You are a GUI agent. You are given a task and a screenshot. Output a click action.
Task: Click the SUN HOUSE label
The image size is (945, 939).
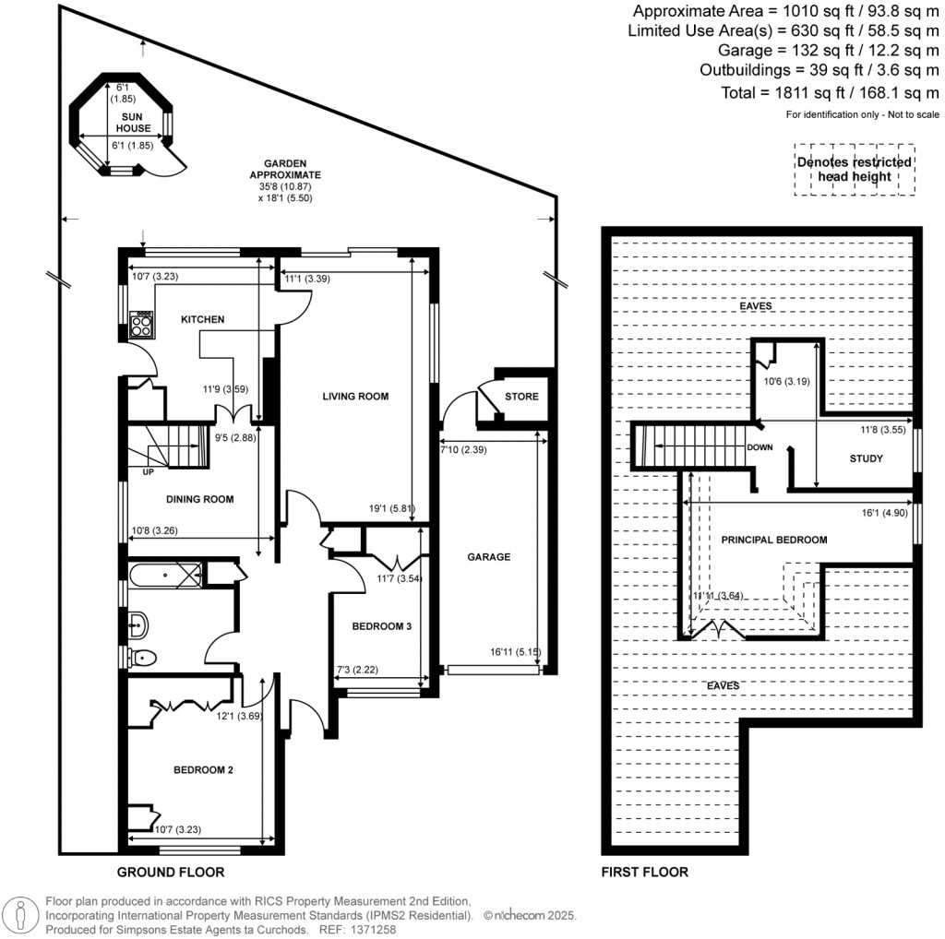point(133,123)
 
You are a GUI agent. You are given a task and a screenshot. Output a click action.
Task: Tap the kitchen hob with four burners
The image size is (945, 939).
point(143,322)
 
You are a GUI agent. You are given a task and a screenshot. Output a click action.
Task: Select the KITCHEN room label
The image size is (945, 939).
point(202,319)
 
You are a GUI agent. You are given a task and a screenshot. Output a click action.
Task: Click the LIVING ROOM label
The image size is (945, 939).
point(355,397)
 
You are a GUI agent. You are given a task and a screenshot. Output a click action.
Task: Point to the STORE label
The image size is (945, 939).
point(521,398)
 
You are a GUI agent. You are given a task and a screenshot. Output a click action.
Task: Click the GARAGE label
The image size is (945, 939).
point(489,556)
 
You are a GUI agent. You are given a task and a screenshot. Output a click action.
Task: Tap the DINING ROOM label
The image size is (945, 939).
point(199,499)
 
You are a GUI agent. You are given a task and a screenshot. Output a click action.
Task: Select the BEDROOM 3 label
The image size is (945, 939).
point(381,626)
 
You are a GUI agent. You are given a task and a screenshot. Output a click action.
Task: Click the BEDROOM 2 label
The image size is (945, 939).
point(203,769)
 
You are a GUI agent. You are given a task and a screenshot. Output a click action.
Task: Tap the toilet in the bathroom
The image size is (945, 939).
point(143,658)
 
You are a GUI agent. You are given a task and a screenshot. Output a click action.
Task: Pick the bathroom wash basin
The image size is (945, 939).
point(139,624)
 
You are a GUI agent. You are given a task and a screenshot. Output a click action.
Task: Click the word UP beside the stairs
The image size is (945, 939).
point(148,472)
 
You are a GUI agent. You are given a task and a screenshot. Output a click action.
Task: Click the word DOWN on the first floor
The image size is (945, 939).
point(760,447)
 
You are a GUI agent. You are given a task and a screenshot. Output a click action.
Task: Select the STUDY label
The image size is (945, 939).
point(866,458)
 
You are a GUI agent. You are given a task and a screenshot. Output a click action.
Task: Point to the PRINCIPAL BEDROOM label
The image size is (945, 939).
point(773,540)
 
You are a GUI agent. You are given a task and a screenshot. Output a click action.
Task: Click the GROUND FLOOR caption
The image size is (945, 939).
point(171,872)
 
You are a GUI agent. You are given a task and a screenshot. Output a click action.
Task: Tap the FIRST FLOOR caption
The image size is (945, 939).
point(644,872)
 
